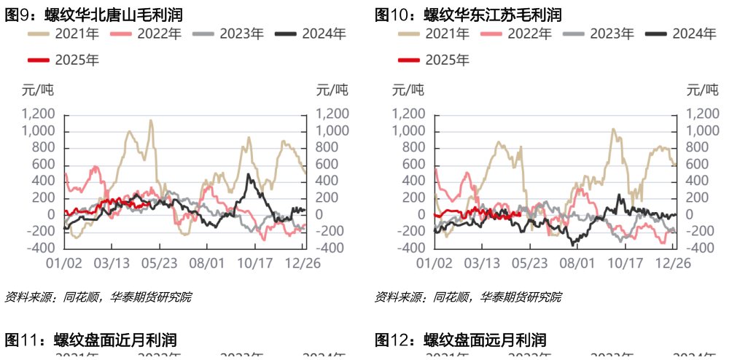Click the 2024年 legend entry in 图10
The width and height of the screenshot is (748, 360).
coord(678,34)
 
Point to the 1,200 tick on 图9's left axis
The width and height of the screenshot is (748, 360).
coord(39,114)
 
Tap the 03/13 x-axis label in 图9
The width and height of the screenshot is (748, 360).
coord(112,263)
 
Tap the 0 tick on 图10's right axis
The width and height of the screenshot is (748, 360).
coord(689,215)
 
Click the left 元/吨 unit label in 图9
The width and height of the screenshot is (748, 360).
coord(38,90)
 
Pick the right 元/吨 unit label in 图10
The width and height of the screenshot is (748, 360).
coord(702,90)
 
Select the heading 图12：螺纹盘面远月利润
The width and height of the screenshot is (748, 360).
coord(461,340)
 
